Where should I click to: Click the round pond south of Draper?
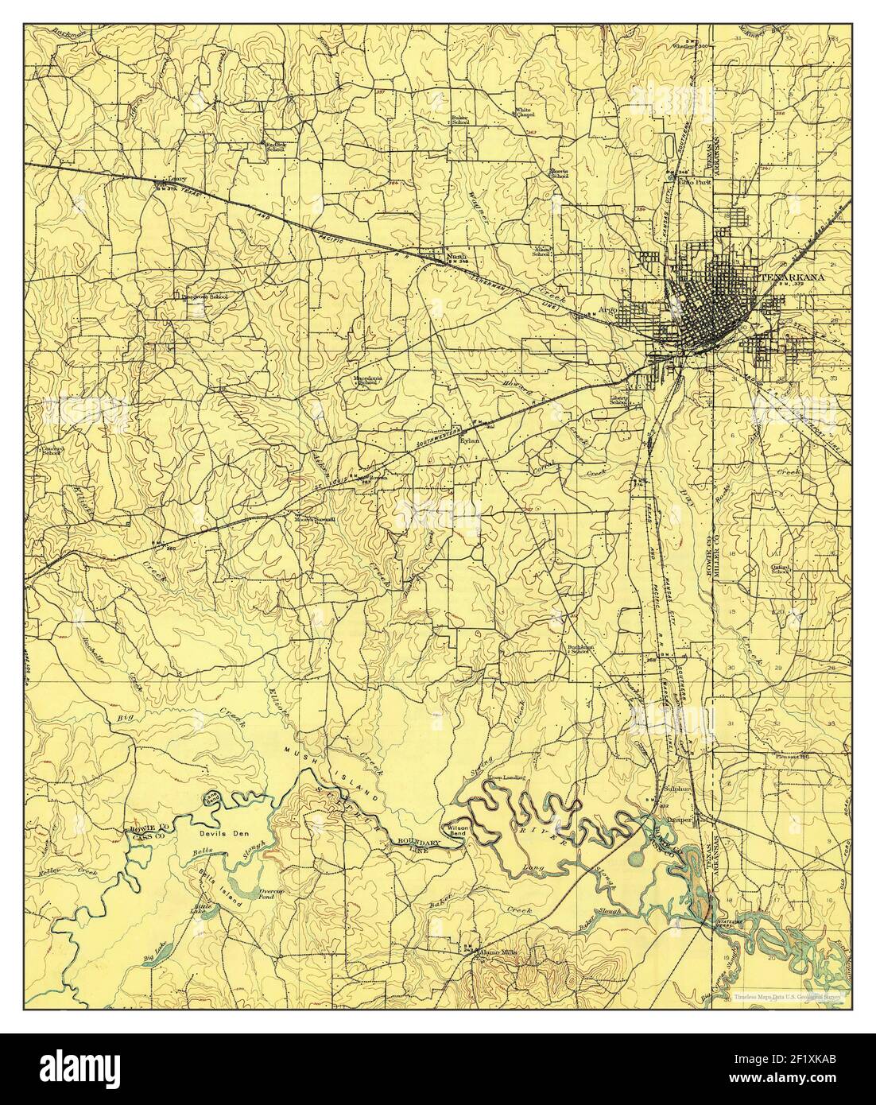click(x=638, y=857)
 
